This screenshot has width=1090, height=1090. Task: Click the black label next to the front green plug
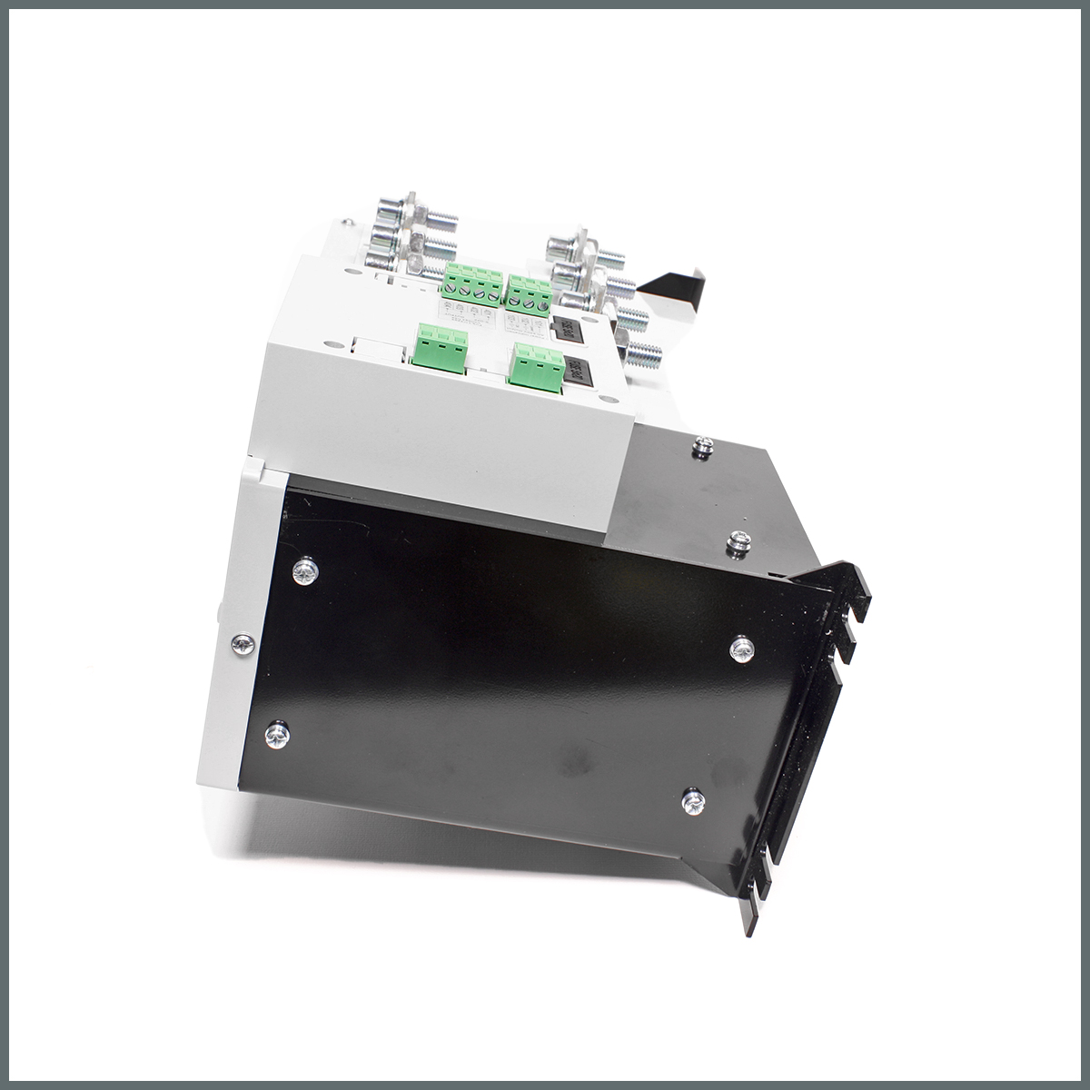575,372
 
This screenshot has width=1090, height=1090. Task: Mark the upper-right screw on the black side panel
741,648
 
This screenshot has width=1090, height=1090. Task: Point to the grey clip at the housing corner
253,471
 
